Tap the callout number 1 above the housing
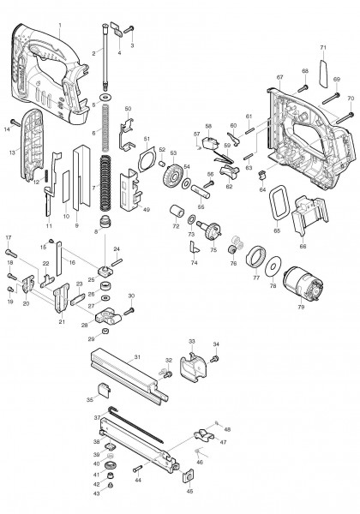tap(60, 25)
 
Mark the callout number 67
tap(279, 78)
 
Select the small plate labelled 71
tap(323, 65)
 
